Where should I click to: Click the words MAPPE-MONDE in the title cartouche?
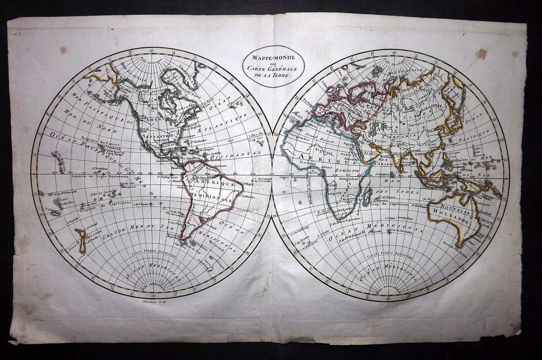272,58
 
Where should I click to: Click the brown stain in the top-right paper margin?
481,53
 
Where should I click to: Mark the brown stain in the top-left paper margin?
64,50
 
